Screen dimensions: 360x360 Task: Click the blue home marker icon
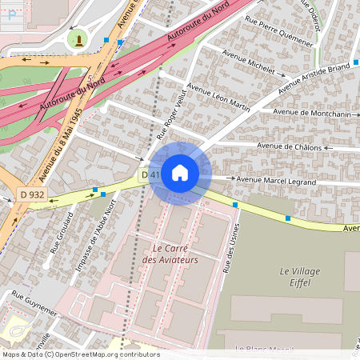[180, 173]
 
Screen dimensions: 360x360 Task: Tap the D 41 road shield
[150, 174]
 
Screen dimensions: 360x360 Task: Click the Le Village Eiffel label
[300, 277]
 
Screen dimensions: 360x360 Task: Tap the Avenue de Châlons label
[289, 146]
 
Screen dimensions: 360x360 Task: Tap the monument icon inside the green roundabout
[78, 39]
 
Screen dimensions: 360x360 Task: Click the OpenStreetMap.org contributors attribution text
[103, 354]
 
